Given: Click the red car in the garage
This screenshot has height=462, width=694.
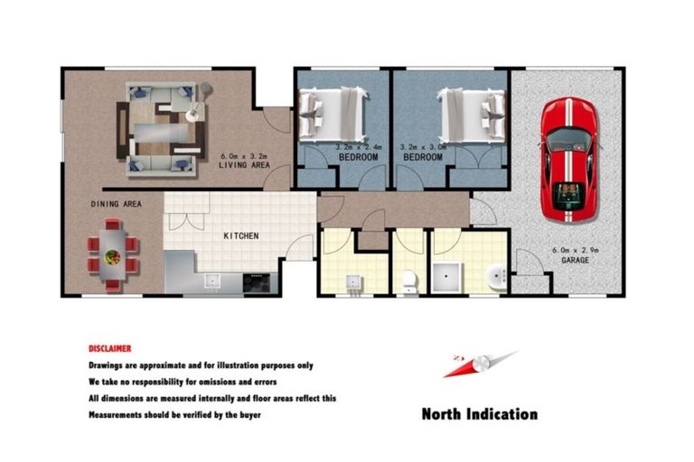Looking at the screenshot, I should (568, 159).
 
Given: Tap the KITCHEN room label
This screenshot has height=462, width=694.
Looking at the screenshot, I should (241, 236).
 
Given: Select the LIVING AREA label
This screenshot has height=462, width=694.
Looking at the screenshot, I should (245, 166).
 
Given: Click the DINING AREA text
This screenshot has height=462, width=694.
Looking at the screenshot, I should (116, 205).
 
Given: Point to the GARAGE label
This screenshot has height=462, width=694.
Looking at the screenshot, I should (574, 260).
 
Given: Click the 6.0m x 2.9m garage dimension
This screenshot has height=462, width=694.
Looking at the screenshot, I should (573, 250).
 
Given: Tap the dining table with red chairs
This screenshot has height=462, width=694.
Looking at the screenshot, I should (112, 255).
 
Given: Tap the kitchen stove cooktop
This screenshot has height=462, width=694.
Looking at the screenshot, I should (258, 282).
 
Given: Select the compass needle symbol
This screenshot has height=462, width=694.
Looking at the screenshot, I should (479, 364).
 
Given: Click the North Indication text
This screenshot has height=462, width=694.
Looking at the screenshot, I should (479, 414).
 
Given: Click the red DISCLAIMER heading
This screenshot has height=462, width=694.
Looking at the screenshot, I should (109, 348).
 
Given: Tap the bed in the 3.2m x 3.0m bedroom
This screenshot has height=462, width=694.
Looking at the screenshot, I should (471, 110).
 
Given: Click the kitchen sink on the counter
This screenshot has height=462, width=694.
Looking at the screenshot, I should (213, 281).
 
